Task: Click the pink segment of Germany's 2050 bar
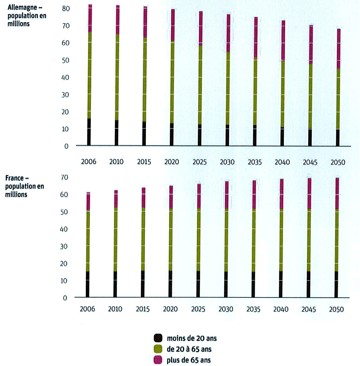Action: click(338, 49)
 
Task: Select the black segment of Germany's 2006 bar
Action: click(89, 132)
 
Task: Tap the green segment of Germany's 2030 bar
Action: click(228, 88)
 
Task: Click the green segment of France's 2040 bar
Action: click(281, 240)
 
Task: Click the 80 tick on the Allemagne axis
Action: click(66, 9)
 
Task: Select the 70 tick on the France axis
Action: click(64, 177)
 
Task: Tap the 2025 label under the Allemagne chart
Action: click(199, 162)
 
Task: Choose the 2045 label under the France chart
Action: click(308, 309)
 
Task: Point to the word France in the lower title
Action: click(15, 178)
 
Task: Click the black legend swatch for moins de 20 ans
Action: click(158, 338)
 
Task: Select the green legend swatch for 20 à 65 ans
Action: click(158, 349)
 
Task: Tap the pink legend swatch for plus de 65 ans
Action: click(158, 360)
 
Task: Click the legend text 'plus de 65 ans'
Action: click(188, 360)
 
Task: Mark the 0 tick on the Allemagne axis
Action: click(66, 146)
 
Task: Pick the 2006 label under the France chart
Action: click(87, 309)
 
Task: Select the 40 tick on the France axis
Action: click(64, 229)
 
